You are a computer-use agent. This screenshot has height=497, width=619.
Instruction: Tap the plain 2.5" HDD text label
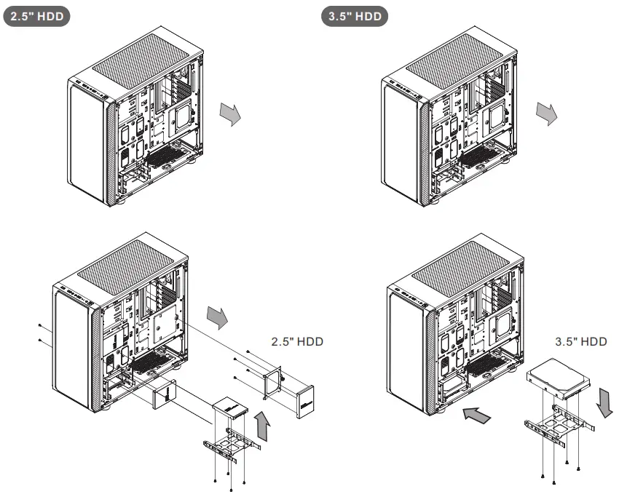pos(296,341)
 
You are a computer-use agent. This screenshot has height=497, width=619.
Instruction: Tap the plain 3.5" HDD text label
pos(580,341)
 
